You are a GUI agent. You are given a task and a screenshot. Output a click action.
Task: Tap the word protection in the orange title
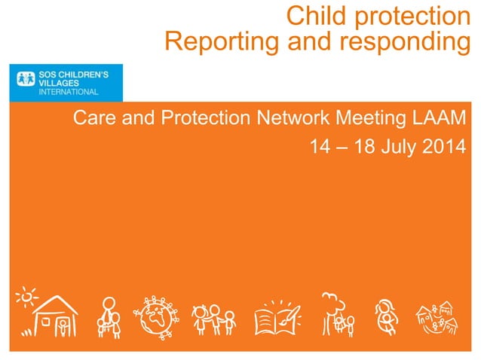(x=412, y=18)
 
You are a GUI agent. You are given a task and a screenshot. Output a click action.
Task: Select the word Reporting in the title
(x=222, y=43)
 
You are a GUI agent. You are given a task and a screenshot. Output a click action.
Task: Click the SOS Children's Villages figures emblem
(x=26, y=78)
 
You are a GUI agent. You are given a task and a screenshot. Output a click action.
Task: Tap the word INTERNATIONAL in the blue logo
(x=69, y=92)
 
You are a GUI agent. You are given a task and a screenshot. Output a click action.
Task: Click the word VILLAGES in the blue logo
(x=59, y=83)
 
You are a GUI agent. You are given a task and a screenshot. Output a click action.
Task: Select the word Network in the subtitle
(x=293, y=117)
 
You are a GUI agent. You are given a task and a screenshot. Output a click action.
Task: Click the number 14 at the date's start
(x=320, y=146)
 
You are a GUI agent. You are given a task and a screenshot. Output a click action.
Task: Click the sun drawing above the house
(x=26, y=297)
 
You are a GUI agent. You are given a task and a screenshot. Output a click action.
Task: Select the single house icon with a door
(x=55, y=316)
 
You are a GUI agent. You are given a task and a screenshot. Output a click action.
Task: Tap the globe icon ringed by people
(x=156, y=317)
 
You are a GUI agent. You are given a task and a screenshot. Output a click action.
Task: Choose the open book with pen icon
(x=277, y=318)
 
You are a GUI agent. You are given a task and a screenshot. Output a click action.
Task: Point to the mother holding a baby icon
(x=386, y=317)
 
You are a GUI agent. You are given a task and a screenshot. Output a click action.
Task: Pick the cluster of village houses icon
(x=437, y=318)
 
